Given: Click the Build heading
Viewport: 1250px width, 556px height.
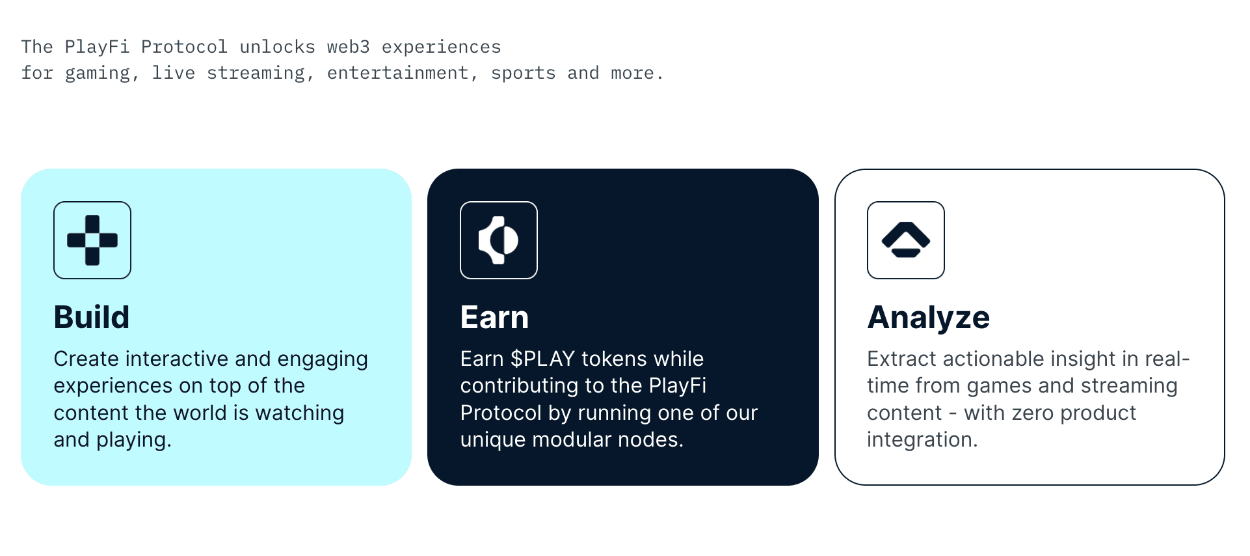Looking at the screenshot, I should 92,318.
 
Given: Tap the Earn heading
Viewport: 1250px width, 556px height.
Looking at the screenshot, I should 494,318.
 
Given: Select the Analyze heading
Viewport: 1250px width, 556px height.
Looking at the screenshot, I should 928,318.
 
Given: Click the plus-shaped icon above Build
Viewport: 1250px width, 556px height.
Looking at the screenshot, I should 92,240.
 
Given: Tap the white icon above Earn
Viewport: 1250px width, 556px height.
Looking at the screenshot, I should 499,240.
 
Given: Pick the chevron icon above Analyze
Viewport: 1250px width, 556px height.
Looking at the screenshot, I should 905,240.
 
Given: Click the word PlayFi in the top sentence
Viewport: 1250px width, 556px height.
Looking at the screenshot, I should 97,47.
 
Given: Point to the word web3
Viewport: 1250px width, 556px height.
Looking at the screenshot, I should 348,47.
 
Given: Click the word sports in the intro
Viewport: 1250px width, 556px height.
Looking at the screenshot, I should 523,73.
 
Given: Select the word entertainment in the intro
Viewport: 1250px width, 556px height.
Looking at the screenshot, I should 397,73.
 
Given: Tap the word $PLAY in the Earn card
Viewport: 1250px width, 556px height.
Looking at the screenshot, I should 542,359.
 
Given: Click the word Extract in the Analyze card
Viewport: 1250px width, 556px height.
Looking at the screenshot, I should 901,359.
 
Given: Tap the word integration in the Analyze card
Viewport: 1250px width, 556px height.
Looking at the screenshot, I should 921,439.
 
